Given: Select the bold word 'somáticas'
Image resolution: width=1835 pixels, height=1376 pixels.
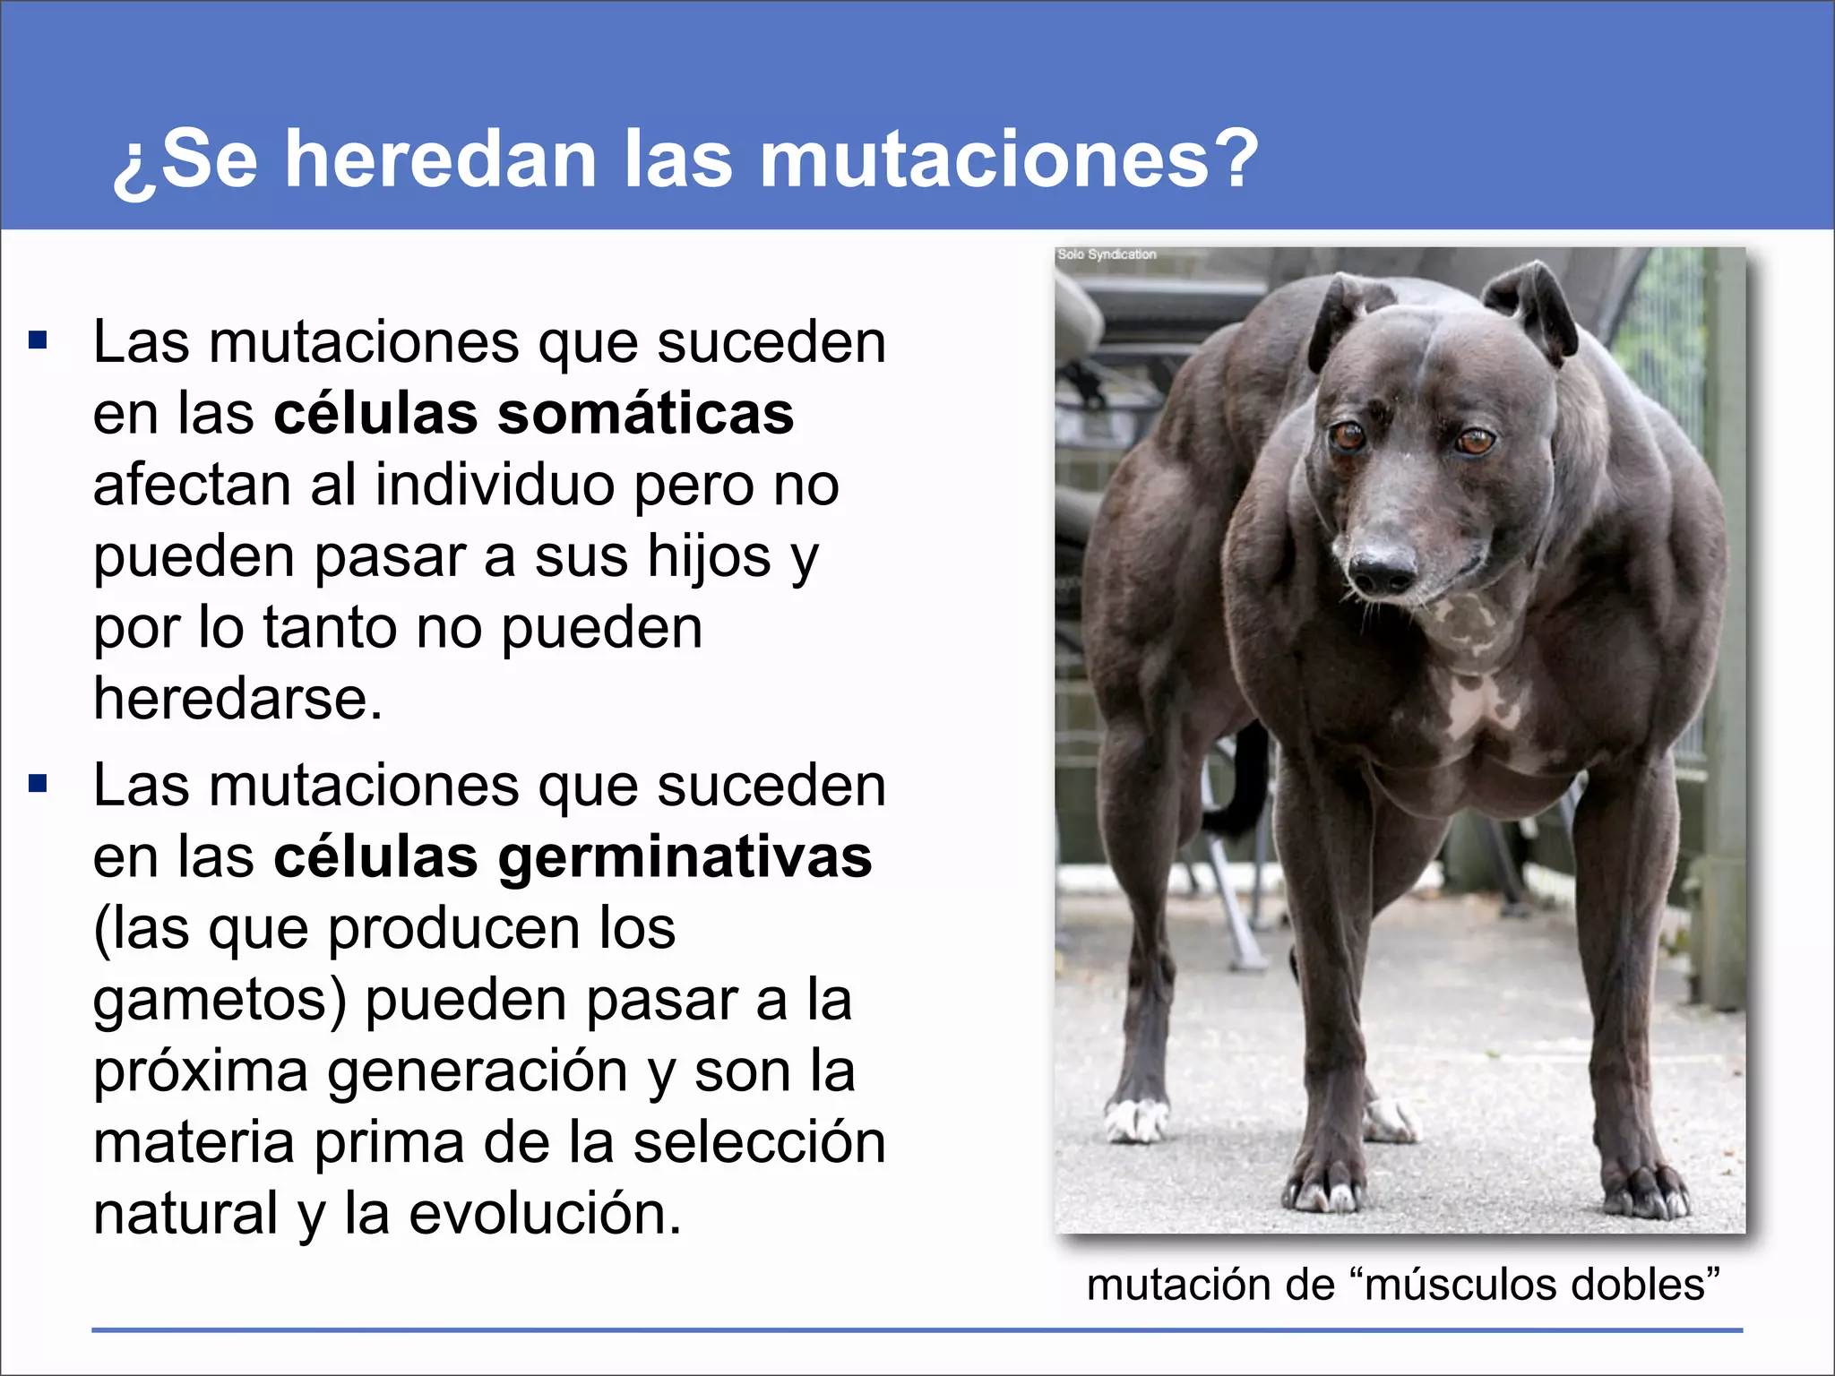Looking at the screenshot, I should (x=646, y=414).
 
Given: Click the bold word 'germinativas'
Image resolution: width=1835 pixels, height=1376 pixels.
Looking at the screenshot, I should (x=685, y=857).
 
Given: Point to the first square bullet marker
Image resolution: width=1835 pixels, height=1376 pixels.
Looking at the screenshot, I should (x=38, y=340).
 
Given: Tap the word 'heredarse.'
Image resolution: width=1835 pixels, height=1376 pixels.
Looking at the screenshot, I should (x=237, y=698).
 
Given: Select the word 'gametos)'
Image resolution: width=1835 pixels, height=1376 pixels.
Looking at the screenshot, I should (x=220, y=1000).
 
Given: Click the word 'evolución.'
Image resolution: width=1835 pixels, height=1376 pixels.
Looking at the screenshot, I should (x=546, y=1214).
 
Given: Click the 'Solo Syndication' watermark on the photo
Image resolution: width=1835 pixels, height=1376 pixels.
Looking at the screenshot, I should (x=1107, y=254).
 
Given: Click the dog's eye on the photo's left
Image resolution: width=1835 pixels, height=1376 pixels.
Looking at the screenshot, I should (x=1347, y=436).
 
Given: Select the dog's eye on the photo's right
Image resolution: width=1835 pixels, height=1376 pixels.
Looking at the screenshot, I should (x=1474, y=441).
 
